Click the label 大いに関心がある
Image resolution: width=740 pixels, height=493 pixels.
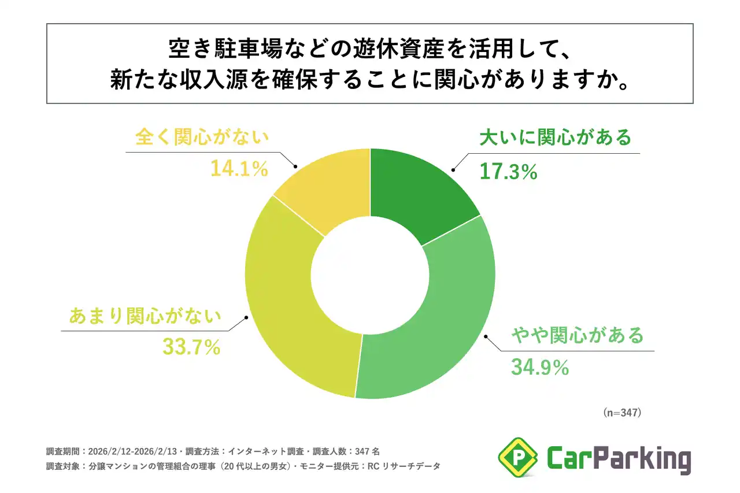point(555,139)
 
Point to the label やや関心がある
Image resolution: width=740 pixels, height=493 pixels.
point(577,335)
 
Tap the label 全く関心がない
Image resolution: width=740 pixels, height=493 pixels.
point(202,139)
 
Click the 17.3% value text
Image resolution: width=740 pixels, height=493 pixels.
point(509,171)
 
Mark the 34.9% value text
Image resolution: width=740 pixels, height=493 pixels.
point(540,368)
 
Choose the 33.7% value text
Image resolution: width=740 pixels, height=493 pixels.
point(191,347)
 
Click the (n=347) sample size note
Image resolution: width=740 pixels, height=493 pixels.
point(622,413)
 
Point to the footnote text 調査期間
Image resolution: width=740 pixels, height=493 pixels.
point(65,451)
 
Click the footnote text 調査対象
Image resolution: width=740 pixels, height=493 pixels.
point(65,465)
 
